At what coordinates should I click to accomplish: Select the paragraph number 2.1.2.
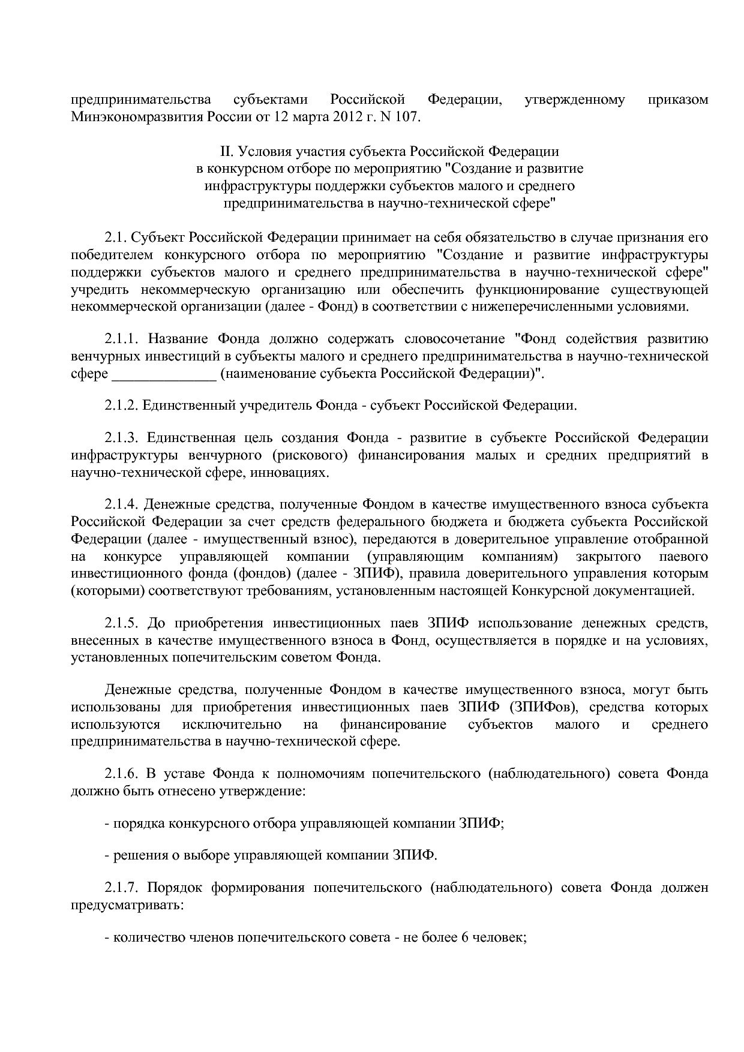coord(122,405)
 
